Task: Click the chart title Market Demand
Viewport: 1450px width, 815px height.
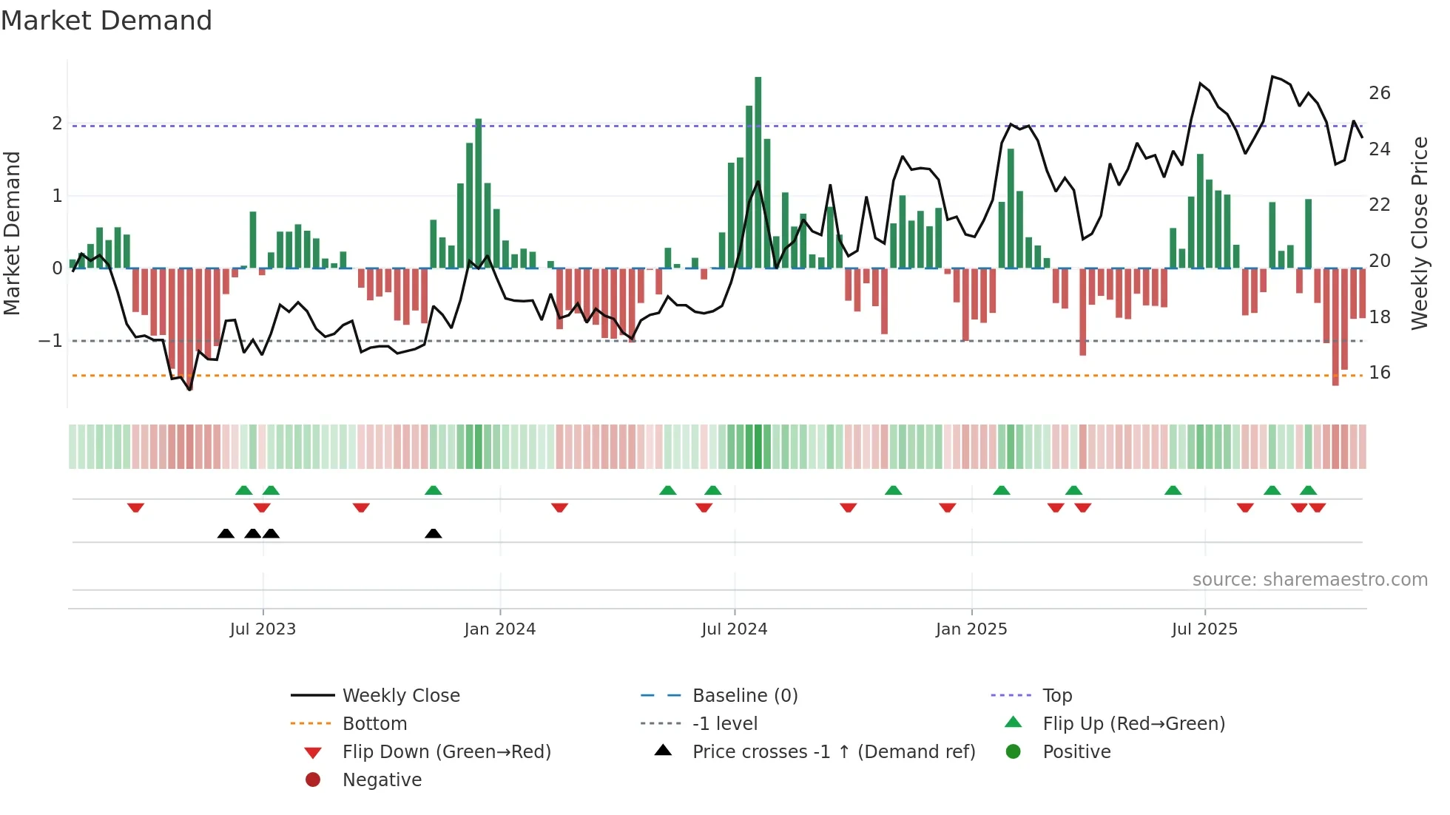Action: pyautogui.click(x=107, y=21)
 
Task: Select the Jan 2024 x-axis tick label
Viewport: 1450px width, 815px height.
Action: pyautogui.click(x=499, y=629)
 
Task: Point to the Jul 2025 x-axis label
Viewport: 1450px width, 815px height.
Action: pyautogui.click(x=1204, y=629)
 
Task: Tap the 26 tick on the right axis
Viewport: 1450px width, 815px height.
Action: pyautogui.click(x=1379, y=93)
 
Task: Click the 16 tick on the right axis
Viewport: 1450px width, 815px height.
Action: pyautogui.click(x=1379, y=373)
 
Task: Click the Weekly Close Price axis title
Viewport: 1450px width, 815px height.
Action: pyautogui.click(x=1419, y=233)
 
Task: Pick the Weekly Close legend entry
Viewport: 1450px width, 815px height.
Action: pyautogui.click(x=400, y=696)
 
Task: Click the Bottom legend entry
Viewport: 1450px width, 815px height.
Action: pyautogui.click(x=374, y=724)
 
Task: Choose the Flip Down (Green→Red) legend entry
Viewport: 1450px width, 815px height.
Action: pyautogui.click(x=446, y=752)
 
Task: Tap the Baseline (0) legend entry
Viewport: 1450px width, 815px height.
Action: pyautogui.click(x=744, y=696)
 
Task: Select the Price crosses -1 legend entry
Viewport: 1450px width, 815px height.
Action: pyautogui.click(x=833, y=752)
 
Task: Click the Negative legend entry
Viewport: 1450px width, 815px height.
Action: pyautogui.click(x=382, y=780)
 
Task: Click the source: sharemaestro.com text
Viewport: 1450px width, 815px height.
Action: pyautogui.click(x=1309, y=580)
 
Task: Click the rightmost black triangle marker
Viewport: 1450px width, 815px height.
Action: pyautogui.click(x=434, y=533)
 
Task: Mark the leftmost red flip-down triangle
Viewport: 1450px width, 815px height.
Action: pyautogui.click(x=135, y=507)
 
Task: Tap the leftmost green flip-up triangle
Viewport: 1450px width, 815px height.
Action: pyautogui.click(x=243, y=490)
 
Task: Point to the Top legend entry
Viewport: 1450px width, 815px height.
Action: pyautogui.click(x=1056, y=696)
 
